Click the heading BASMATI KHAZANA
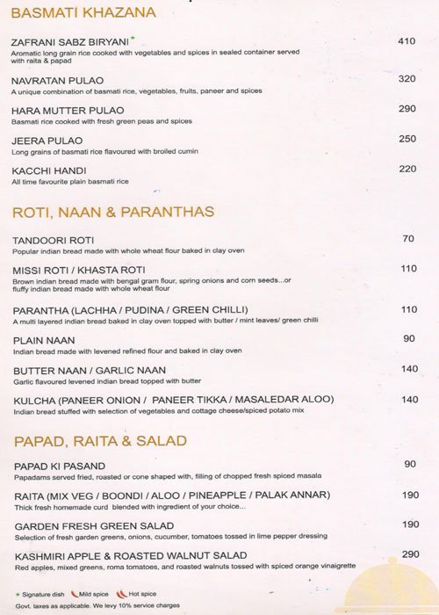pyautogui.click(x=84, y=12)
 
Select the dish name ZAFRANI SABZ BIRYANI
pyautogui.click(x=70, y=41)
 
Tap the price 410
pyautogui.click(x=406, y=41)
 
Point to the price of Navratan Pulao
pyautogui.click(x=406, y=79)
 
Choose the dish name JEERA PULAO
pyautogui.click(x=47, y=141)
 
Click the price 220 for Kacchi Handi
pyautogui.click(x=407, y=169)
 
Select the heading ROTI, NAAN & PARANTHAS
pyautogui.click(x=113, y=212)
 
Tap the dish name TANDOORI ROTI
pyautogui.click(x=54, y=240)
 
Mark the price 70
pyautogui.click(x=408, y=239)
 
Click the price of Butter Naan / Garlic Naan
pyautogui.click(x=409, y=369)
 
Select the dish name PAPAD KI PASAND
pyautogui.click(x=61, y=466)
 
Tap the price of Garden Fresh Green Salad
pyautogui.click(x=410, y=525)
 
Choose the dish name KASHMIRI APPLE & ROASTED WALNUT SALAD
pyautogui.click(x=131, y=555)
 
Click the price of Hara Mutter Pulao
pyautogui.click(x=407, y=109)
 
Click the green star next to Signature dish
pyautogui.click(x=17, y=594)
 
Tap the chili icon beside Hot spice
pyautogui.click(x=121, y=594)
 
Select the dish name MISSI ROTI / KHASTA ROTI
pyautogui.click(x=80, y=270)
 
